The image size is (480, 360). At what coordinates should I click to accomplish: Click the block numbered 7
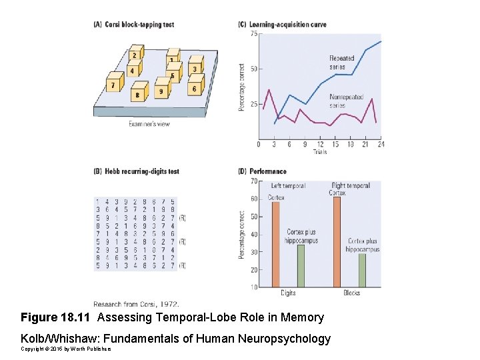pyautogui.click(x=114, y=85)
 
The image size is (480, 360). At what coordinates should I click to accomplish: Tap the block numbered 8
pyautogui.click(x=139, y=93)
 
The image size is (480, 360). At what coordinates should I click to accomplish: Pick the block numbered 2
pyautogui.click(x=135, y=55)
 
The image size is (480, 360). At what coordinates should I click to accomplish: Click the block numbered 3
pyautogui.click(x=194, y=67)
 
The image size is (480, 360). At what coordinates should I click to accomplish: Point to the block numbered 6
pyautogui.click(x=194, y=87)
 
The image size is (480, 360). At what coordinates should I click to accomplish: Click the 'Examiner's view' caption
pyautogui.click(x=149, y=124)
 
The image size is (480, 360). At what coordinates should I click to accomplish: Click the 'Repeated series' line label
pyautogui.click(x=341, y=62)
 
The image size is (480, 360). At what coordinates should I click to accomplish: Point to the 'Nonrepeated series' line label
pyautogui.click(x=346, y=101)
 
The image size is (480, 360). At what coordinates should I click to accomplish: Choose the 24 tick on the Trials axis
pyautogui.click(x=381, y=144)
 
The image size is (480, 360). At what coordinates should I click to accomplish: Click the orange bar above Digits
pyautogui.click(x=275, y=244)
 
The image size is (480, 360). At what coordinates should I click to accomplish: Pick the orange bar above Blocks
pyautogui.click(x=337, y=241)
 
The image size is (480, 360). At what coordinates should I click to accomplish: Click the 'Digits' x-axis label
pyautogui.click(x=288, y=293)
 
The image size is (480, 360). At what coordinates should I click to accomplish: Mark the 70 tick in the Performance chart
pyautogui.click(x=254, y=181)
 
